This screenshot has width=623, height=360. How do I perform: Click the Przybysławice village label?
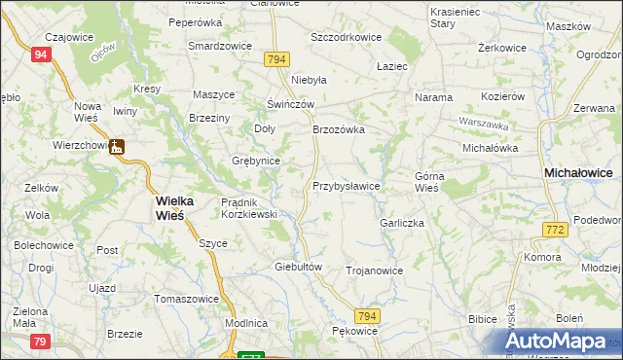346,186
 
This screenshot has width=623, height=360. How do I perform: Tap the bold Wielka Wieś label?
175,208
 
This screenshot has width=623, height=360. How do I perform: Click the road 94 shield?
40,55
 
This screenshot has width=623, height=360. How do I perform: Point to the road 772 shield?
554,229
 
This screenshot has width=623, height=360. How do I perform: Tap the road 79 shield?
40,341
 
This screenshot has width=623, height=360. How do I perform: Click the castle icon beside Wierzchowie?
117,147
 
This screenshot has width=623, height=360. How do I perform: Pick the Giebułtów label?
299,267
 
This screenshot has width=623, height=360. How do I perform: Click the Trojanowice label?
375,270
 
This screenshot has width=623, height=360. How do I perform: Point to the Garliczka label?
403,223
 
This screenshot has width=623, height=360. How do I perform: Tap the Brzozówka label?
338,129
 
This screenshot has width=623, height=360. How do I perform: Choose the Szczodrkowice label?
345,37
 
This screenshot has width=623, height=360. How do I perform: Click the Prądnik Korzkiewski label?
250,207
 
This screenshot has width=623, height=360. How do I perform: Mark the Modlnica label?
245,322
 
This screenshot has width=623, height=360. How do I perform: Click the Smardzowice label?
220,46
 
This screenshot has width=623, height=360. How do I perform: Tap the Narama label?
434,98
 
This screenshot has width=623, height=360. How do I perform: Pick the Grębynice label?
256,161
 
